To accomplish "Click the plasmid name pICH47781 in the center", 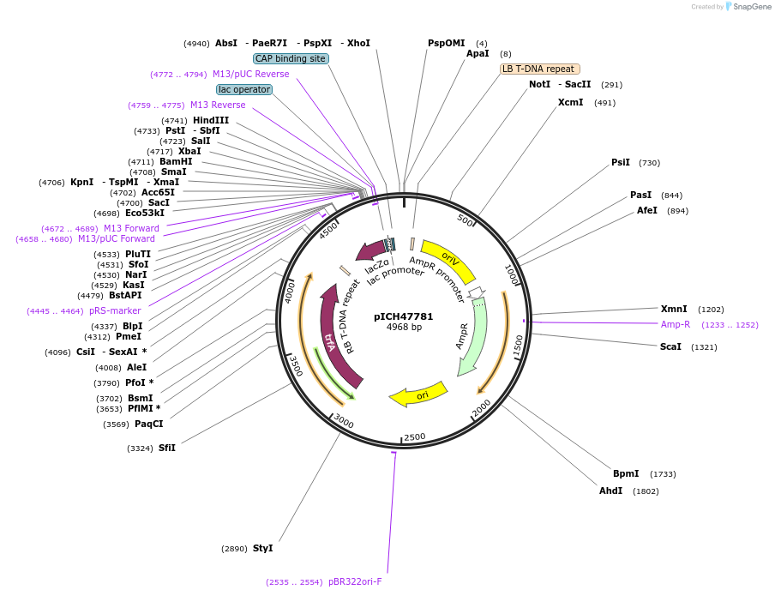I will (403, 316).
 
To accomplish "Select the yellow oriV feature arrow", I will (448, 259).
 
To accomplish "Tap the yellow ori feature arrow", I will (419, 394).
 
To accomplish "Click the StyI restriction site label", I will (262, 548).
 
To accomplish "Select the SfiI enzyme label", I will (166, 448).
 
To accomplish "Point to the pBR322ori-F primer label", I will (355, 581).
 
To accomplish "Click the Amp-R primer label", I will (675, 324).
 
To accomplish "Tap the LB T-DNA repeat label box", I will (540, 69).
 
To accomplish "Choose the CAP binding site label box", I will (290, 58).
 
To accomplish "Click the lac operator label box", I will (244, 89).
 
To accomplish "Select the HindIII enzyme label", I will (211, 120).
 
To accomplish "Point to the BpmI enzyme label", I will (626, 473).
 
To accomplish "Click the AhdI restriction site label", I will (610, 491).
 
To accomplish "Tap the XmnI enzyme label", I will (674, 309).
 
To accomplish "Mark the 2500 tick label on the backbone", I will (414, 437).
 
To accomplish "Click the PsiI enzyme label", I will (620, 162).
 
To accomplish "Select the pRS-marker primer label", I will (115, 310).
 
